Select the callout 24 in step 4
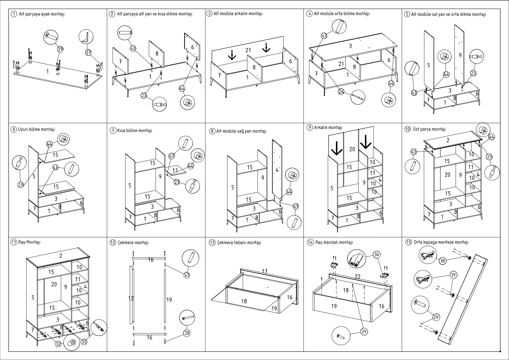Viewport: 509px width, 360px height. [x=341, y=92]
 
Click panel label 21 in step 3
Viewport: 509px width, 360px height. [x=248, y=50]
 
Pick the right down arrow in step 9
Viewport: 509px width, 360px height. [x=366, y=142]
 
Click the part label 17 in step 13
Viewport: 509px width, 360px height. [x=265, y=271]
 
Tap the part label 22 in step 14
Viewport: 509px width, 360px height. [x=358, y=276]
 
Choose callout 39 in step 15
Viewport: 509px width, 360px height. [x=453, y=275]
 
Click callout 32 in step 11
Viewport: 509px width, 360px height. [x=58, y=344]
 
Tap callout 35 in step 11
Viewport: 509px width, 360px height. [x=84, y=342]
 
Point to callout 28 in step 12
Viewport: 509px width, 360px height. [x=187, y=333]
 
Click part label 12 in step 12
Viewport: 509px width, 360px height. [x=131, y=298]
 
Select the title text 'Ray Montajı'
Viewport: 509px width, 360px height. [x=29, y=242]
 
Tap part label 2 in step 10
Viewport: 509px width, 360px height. [x=448, y=140]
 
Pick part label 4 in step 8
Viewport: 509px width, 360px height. [x=277, y=170]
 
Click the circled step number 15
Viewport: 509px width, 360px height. [x=408, y=242]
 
